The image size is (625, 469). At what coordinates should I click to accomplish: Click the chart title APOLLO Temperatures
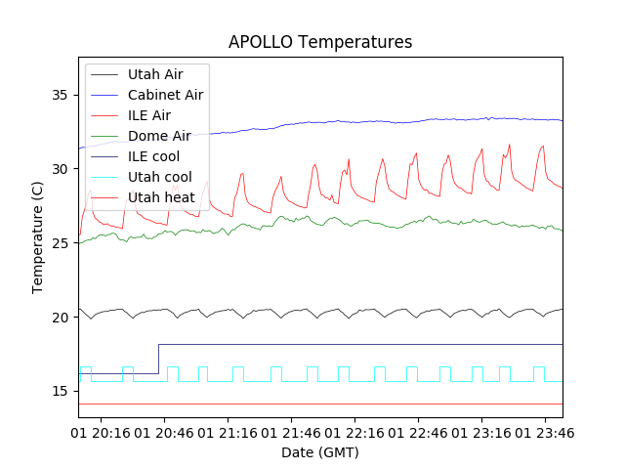click(x=320, y=42)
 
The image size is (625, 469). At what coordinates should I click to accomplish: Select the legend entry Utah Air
click(x=154, y=74)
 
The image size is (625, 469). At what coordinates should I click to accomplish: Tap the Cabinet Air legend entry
click(x=165, y=95)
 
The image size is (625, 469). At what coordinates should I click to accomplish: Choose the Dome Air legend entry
click(x=158, y=136)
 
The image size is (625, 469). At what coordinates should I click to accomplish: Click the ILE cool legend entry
click(x=153, y=156)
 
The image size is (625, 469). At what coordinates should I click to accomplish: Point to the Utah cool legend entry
click(x=159, y=177)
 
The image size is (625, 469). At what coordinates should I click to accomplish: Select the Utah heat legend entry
click(x=161, y=197)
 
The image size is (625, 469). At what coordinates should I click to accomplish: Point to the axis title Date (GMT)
click(x=320, y=452)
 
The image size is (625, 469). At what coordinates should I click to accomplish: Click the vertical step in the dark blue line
click(x=158, y=359)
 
